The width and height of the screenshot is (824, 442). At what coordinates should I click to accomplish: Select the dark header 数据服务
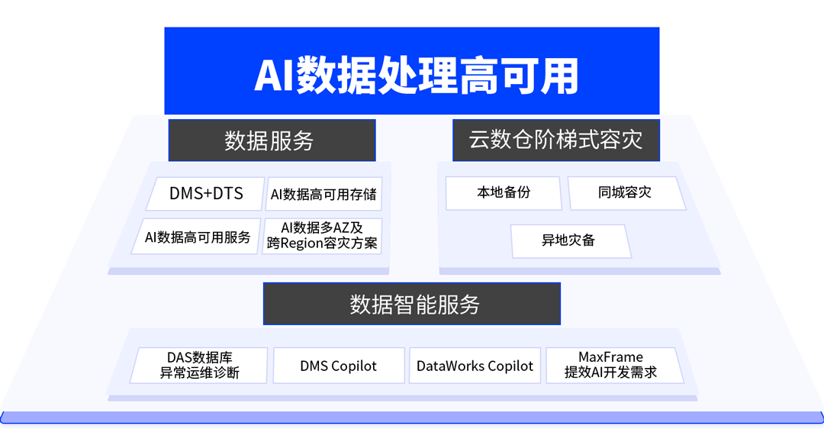(x=272, y=140)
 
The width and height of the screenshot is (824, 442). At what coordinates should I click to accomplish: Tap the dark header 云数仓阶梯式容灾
(x=555, y=140)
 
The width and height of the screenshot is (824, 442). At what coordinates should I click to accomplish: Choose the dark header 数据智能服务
(x=412, y=304)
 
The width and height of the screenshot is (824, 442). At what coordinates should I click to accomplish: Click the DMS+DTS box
(x=206, y=194)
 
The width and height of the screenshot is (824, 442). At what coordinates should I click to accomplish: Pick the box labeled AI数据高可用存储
(x=323, y=195)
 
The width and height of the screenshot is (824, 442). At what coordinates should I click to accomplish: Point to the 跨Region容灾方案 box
(x=322, y=236)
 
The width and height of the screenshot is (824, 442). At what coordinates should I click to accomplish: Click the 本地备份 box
(x=504, y=193)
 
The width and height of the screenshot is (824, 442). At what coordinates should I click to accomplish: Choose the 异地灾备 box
(x=569, y=240)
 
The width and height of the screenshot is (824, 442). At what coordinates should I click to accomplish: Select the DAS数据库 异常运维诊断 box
(x=200, y=365)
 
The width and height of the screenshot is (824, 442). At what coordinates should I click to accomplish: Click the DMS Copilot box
(x=338, y=366)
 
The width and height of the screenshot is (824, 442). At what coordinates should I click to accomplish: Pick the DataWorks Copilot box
(x=475, y=366)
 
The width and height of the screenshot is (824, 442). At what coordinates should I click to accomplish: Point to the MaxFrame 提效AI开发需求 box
(x=610, y=365)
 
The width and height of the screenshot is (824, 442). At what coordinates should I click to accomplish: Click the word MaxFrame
(x=610, y=357)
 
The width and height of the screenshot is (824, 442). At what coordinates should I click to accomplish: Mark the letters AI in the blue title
(x=273, y=76)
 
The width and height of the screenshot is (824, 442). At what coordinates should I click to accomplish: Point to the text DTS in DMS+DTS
(x=227, y=194)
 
